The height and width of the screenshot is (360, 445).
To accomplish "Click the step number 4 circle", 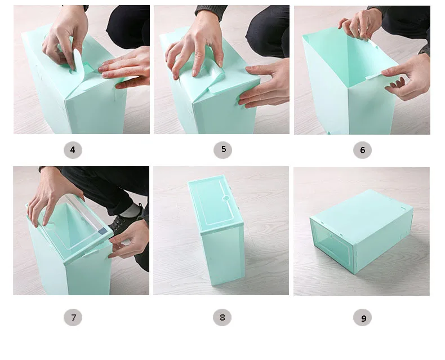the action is [x=73, y=150].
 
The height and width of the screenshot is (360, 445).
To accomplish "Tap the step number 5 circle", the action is [x=223, y=150].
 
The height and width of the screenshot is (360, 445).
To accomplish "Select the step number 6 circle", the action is [x=362, y=150].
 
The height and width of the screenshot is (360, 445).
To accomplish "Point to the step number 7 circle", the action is [x=73, y=317].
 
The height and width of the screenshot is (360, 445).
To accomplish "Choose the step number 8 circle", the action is [x=222, y=317].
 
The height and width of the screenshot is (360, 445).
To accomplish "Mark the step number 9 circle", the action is [x=362, y=318].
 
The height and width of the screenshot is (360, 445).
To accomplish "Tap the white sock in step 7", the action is [x=132, y=210].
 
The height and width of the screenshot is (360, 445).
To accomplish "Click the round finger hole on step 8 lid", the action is [x=226, y=198].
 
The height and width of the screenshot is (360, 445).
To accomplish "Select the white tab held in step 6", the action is [x=375, y=76].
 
